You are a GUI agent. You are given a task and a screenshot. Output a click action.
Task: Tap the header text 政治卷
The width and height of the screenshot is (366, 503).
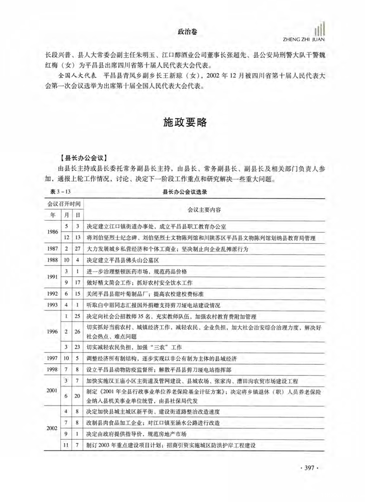point(188,32)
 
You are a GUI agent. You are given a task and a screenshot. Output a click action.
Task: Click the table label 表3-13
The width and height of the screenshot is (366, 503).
point(59,191)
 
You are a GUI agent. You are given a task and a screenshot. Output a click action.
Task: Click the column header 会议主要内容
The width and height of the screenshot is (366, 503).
point(204,209)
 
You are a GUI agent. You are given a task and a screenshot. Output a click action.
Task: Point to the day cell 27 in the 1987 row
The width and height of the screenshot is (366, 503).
point(77,249)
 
